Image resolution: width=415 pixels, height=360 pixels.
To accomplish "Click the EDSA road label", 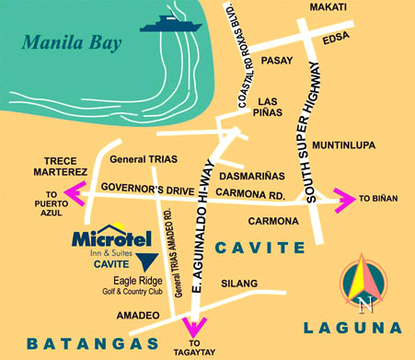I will pyautogui.click(x=339, y=38).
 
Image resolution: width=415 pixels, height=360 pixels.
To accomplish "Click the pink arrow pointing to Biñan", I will pyautogui.click(x=342, y=196).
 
